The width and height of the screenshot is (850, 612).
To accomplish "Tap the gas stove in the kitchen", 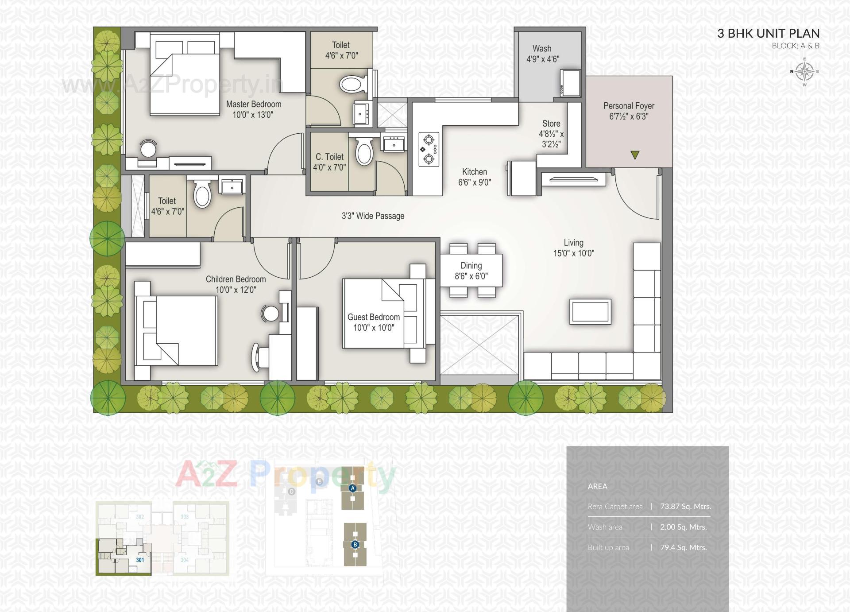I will pos(429,150).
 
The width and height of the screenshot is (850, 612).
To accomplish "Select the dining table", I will pos(471,271).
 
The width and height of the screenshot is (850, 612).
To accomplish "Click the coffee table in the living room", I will pos(591,312).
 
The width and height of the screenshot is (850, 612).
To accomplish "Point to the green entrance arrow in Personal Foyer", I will pos(635,155).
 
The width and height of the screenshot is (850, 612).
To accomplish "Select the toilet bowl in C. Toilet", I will pos(364,151).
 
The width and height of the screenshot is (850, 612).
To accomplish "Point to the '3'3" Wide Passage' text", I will pos(373,216).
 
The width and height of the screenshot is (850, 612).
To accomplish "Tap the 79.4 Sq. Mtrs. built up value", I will pos(683,547).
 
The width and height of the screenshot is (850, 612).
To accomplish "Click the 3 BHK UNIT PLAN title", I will pos(768,34).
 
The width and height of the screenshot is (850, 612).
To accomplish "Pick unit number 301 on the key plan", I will pos(140,560).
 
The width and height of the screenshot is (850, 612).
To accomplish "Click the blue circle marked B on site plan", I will pos(355,545).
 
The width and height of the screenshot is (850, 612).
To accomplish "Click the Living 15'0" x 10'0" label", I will pos(573,248).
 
